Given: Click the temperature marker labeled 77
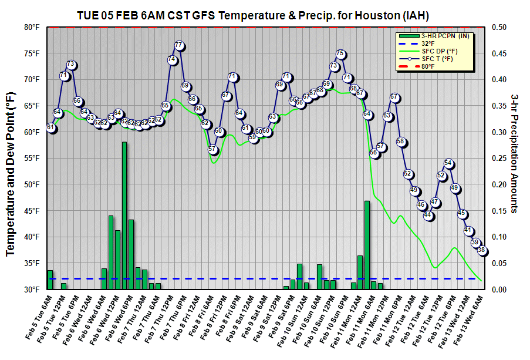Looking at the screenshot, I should point(179,46).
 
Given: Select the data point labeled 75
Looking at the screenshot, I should point(340,54).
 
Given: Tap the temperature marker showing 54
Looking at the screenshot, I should point(448,163).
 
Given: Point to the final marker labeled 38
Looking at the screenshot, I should point(482,250).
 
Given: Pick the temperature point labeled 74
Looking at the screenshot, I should point(172,60).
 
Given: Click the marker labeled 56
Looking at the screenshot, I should point(374,153).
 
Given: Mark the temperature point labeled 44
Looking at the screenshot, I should point(428,216).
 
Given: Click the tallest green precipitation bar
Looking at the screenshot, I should point(124,216).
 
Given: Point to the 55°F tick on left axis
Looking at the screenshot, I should point(31,158).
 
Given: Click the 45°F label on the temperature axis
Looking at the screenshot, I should point(31,211).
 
